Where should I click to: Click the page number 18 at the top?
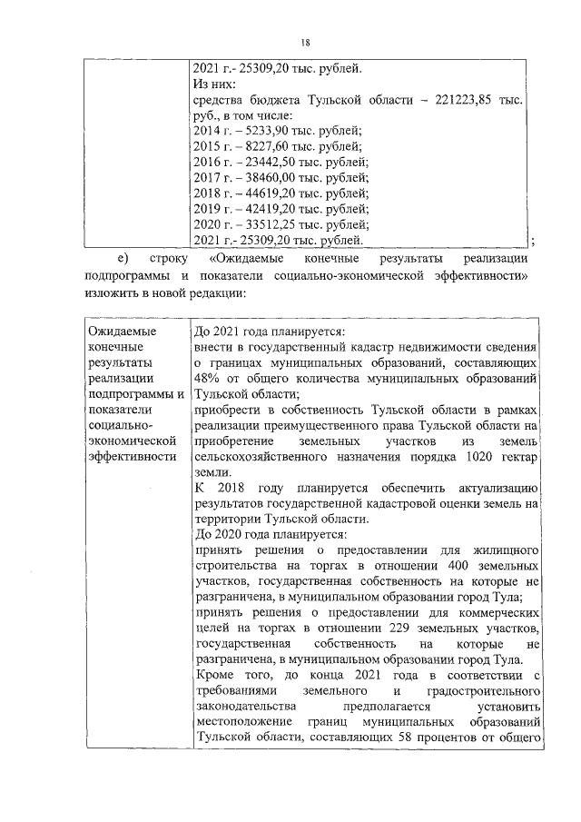tap(305, 41)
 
